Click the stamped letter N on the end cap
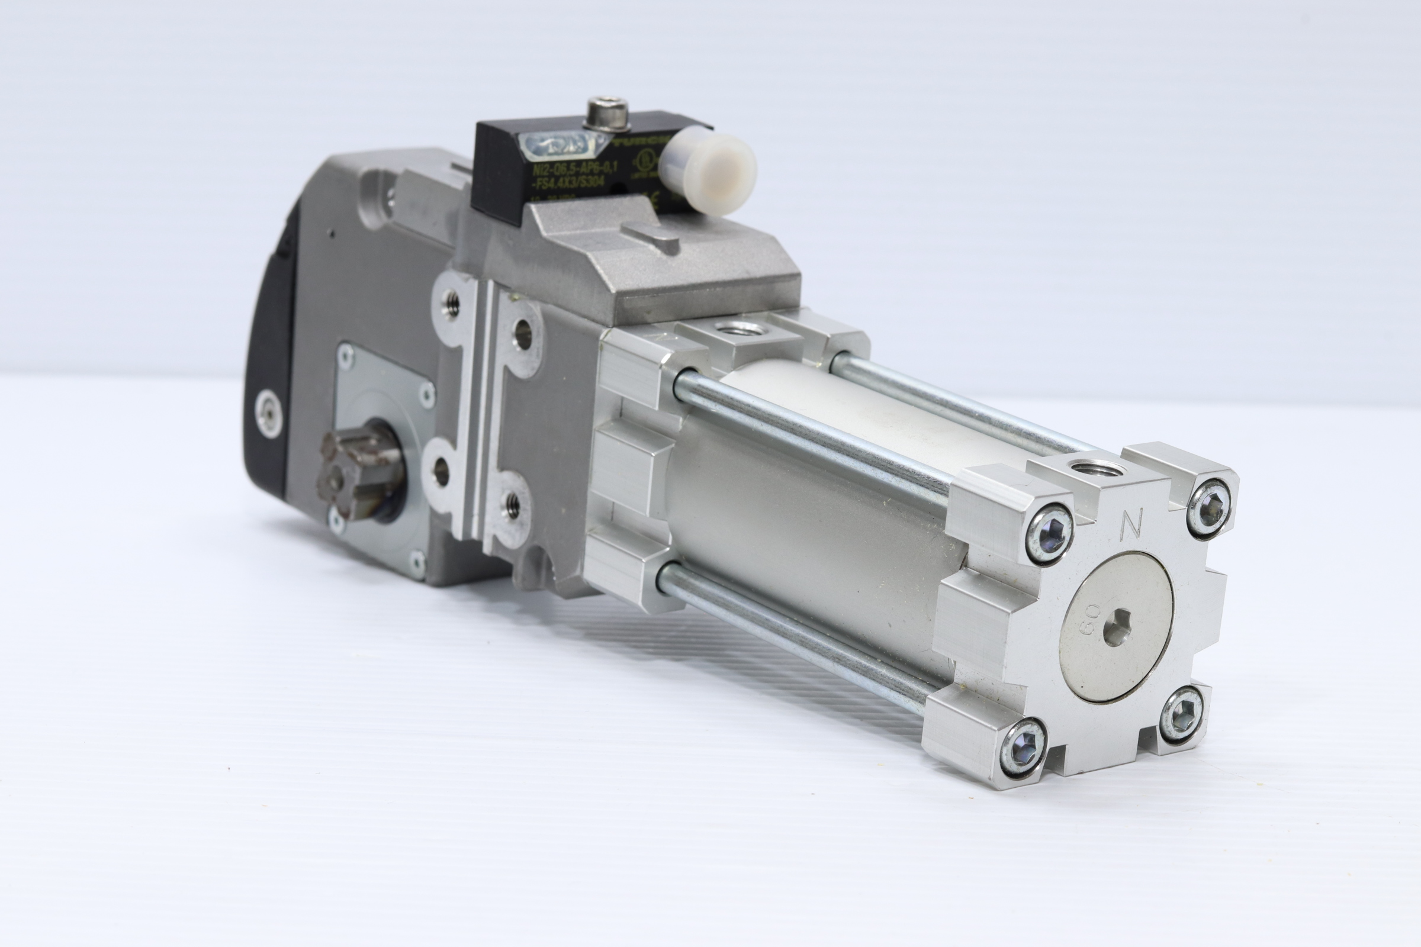(1131, 523)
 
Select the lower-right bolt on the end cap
(1181, 717)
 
